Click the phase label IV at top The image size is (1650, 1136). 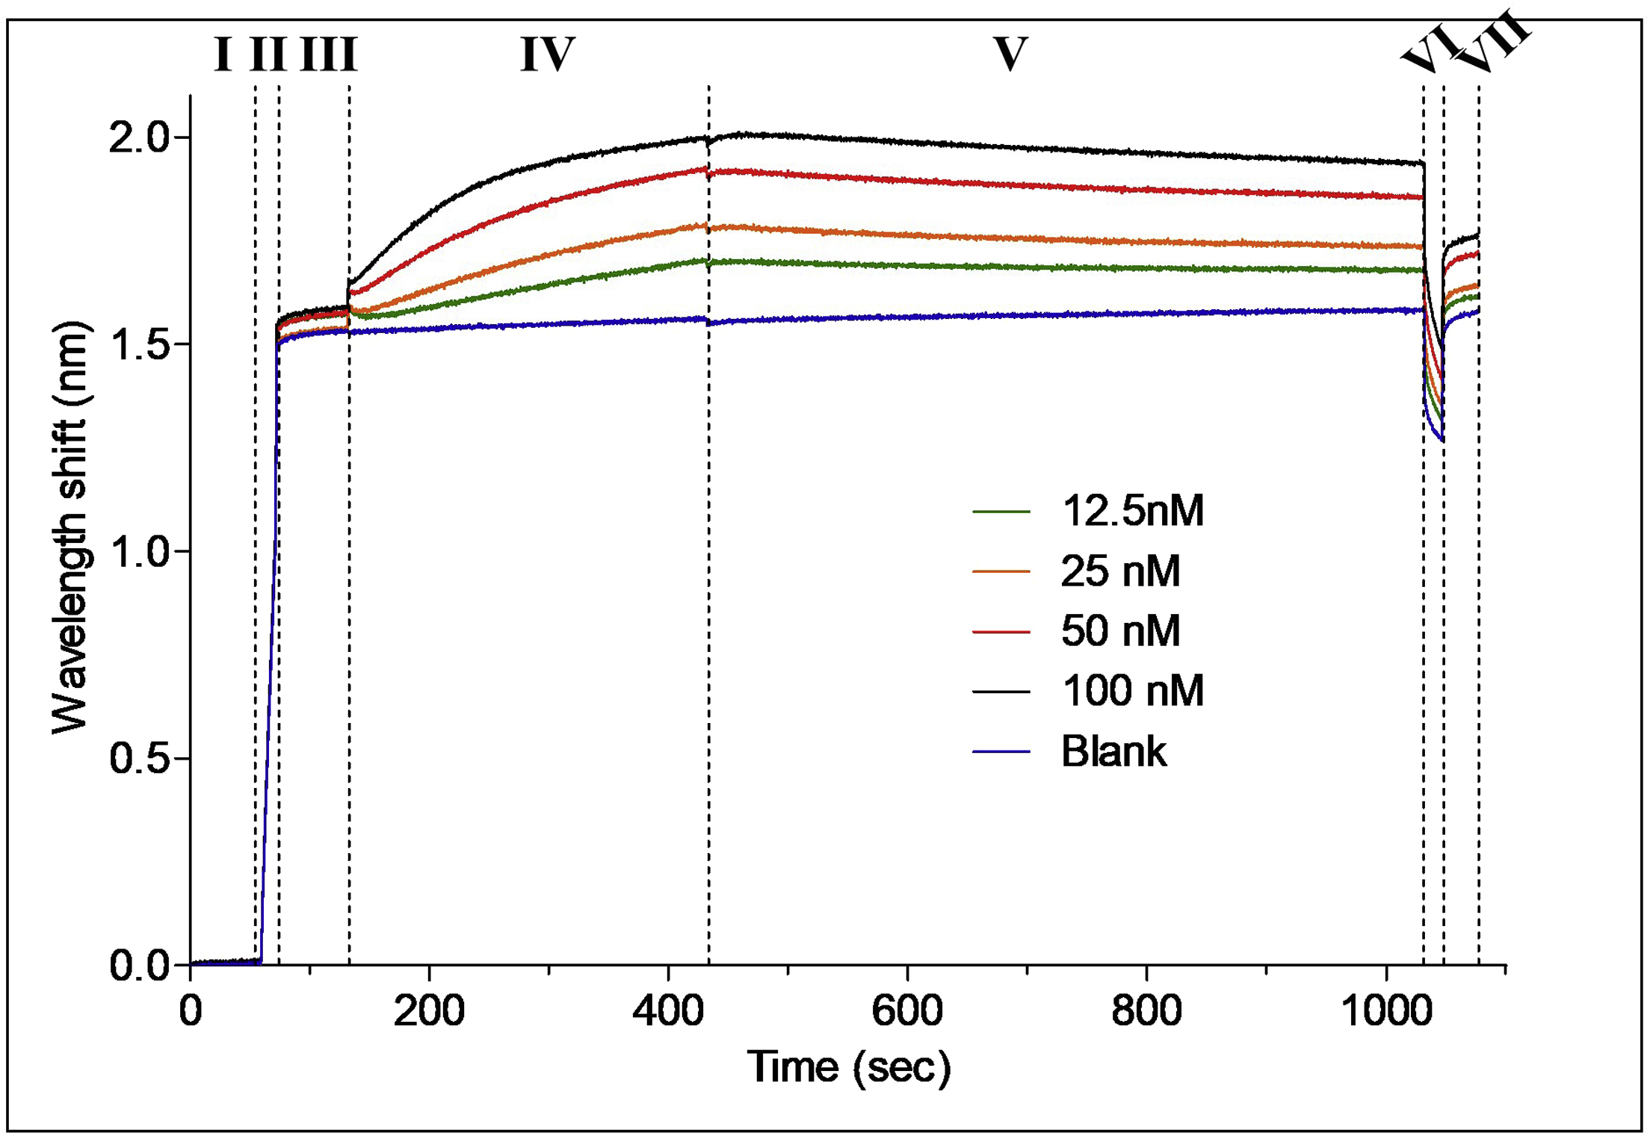pos(548,55)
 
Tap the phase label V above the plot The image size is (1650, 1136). pos(1010,55)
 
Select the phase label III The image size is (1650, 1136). pos(329,55)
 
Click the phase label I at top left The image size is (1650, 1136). pos(223,55)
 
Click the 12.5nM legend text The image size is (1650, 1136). pos(1132,512)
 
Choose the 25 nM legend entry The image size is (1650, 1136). pos(1120,571)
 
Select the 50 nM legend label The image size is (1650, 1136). pos(1120,631)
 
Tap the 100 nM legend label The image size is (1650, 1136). pos(1132,691)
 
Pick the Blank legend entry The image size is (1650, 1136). pos(1113,751)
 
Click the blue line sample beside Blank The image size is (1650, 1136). pos(1001,751)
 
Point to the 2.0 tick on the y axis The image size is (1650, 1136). pos(140,137)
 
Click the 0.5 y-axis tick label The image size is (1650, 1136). pos(140,758)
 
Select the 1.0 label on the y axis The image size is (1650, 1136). pos(140,552)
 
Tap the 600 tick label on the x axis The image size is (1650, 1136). pos(907,1011)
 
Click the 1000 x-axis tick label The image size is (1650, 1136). pos(1386,1011)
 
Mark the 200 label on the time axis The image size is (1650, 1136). pos(429,1011)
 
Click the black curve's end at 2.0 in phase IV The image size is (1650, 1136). pos(705,138)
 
